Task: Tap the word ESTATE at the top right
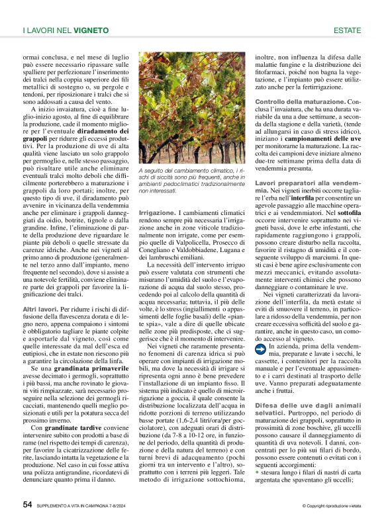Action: coord(347,30)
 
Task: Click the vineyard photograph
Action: coord(192,107)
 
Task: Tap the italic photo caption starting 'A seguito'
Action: coord(192,181)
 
